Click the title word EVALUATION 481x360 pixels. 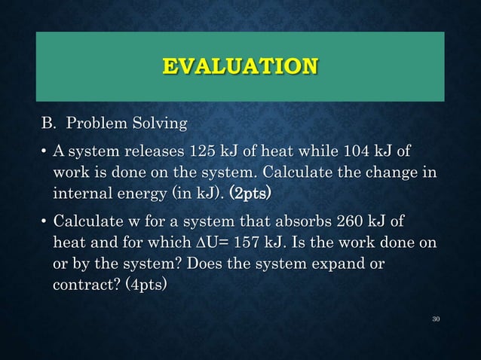tap(240, 66)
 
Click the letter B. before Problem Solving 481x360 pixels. tap(48, 122)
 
